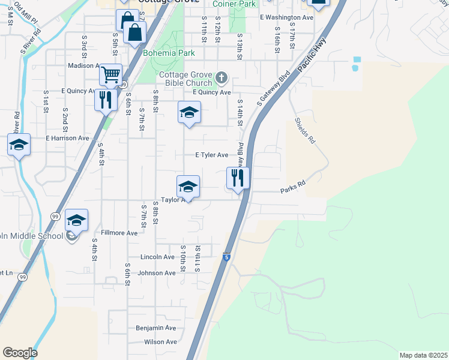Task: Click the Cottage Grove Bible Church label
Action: click(x=185, y=79)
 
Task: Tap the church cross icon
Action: click(x=221, y=77)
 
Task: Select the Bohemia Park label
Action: click(x=169, y=53)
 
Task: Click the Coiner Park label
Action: click(x=234, y=4)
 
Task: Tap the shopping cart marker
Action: click(x=111, y=75)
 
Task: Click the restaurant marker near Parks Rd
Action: click(x=238, y=178)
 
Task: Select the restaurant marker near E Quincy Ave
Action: click(x=106, y=99)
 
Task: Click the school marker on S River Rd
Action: click(x=19, y=145)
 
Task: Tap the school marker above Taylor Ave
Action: click(x=188, y=187)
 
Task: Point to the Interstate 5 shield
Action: click(x=226, y=257)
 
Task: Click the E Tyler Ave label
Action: click(x=212, y=155)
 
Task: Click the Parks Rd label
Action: click(x=293, y=191)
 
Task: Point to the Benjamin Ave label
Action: click(x=156, y=328)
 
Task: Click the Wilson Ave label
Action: click(x=160, y=342)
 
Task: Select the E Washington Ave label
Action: click(x=287, y=18)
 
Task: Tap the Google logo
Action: click(x=20, y=353)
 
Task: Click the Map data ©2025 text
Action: click(x=423, y=355)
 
